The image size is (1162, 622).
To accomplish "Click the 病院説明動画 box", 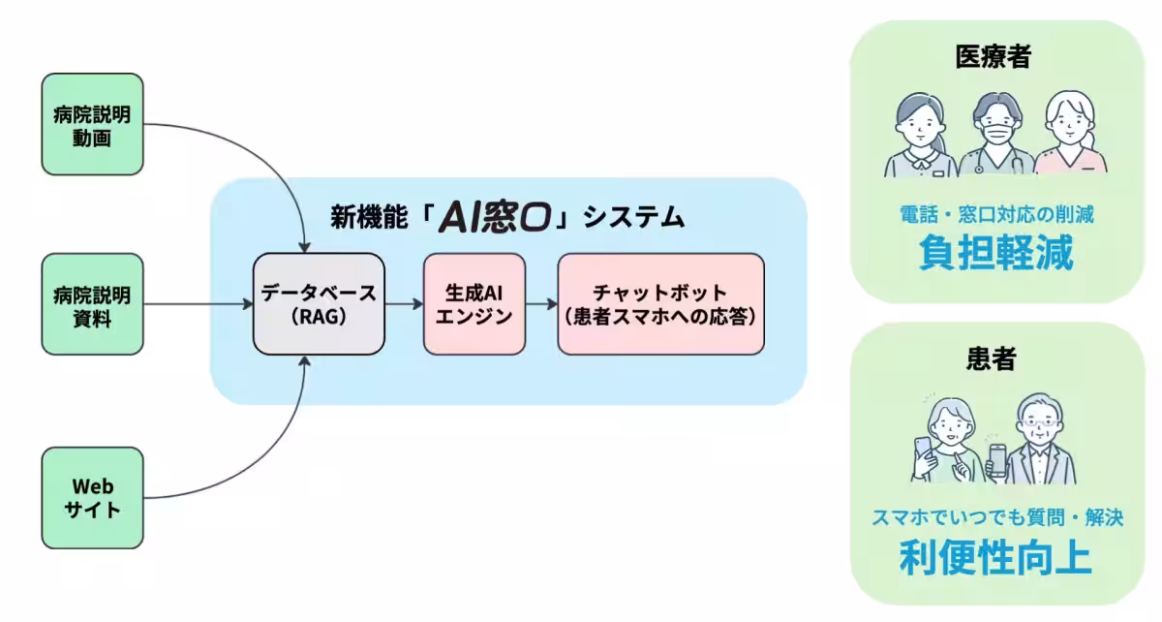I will coord(92,125).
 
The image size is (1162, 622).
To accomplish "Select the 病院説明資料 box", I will coord(92,304).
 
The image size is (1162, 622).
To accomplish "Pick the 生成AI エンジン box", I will coord(474,303).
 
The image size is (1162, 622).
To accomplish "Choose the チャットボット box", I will coord(660,303).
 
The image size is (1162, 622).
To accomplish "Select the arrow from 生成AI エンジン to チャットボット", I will coord(540,303).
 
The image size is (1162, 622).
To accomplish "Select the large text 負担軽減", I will coord(995,255).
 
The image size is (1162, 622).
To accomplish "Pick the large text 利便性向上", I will coord(995,558).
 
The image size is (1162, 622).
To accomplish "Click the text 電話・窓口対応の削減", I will coord(995,214).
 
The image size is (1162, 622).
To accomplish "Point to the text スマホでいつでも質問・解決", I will coord(995,517).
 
